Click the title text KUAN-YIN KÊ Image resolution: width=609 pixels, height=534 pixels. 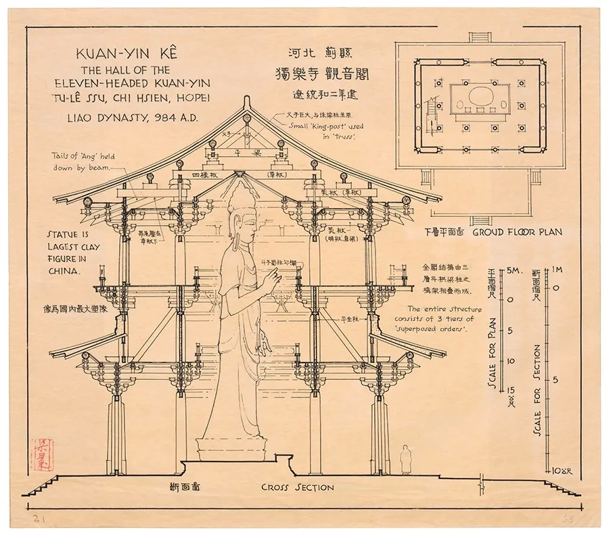click(x=133, y=54)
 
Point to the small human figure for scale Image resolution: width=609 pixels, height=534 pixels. click(x=405, y=460)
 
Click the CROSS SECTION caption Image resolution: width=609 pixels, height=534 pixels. click(x=297, y=487)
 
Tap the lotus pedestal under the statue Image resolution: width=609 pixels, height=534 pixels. click(x=231, y=446)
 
